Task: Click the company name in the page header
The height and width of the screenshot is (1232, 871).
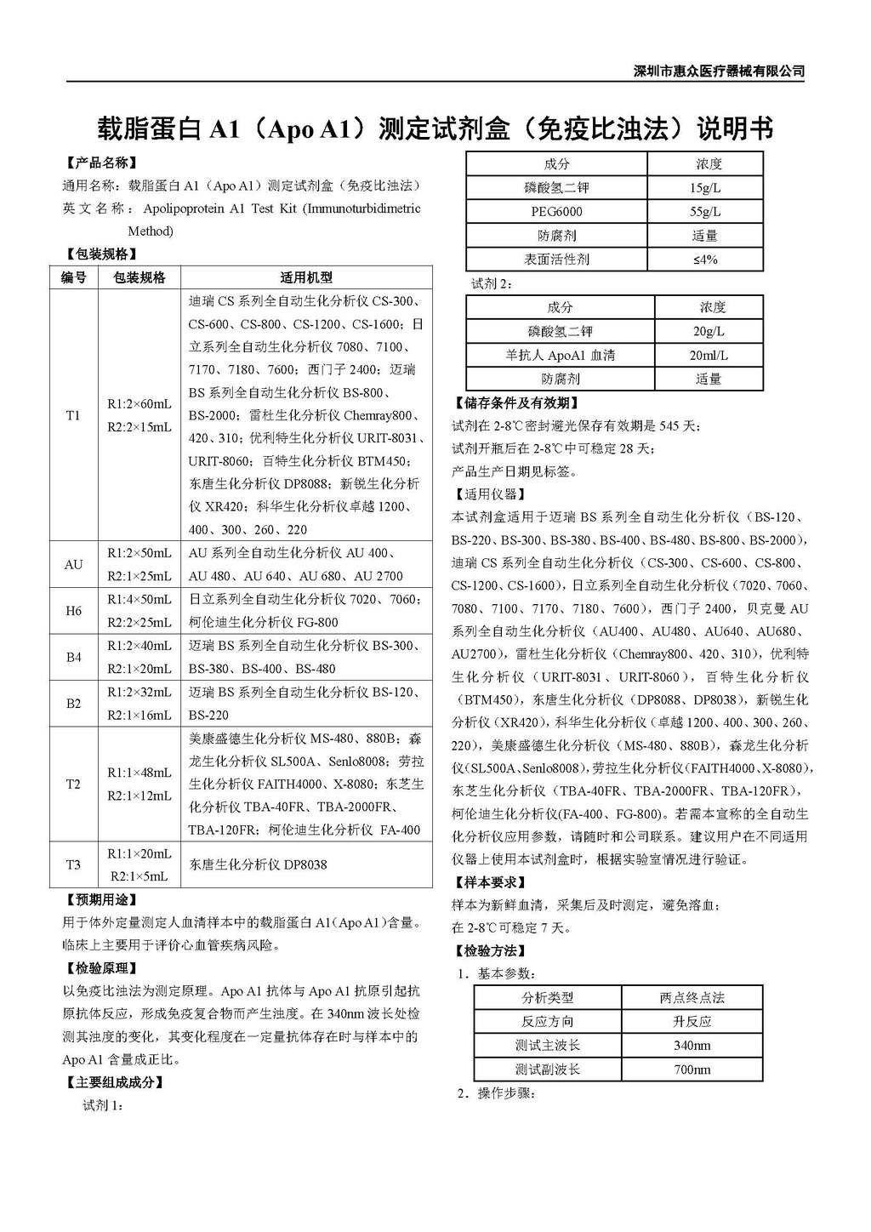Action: [x=719, y=71]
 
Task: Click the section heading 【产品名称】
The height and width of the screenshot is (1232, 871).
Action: [x=101, y=163]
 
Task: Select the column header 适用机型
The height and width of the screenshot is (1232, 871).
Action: [x=306, y=277]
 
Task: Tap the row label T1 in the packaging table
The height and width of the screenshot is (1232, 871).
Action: [x=73, y=415]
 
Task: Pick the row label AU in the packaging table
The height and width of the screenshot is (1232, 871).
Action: [x=73, y=564]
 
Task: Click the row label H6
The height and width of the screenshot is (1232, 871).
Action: [x=73, y=611]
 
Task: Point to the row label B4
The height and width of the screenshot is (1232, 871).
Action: [x=73, y=657]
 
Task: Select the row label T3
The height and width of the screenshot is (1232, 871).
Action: [x=73, y=864]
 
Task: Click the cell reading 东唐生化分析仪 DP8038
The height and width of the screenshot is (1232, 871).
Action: [x=258, y=864]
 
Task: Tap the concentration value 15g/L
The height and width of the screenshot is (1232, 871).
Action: [x=705, y=188]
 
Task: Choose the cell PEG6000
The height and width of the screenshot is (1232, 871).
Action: [x=556, y=212]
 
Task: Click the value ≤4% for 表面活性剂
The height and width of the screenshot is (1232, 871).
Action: [x=705, y=260]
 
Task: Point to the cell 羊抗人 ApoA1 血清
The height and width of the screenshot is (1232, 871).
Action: [x=560, y=356]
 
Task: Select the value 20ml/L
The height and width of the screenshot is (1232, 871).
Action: [x=709, y=356]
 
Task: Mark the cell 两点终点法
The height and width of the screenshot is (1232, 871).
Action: [x=692, y=998]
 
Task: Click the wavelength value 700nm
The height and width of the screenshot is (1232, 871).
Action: [x=692, y=1069]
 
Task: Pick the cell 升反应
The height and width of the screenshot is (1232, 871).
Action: [x=692, y=1022]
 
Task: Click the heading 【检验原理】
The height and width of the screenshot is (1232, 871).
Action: [x=101, y=968]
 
